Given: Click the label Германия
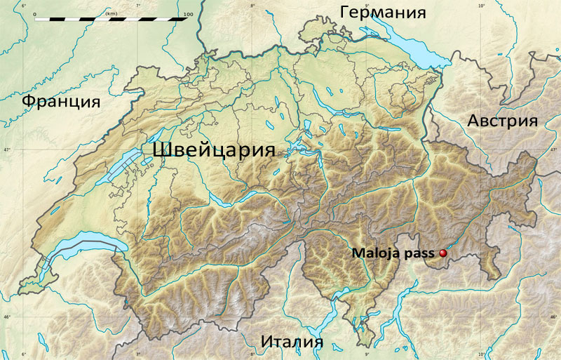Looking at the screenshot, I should (x=383, y=13).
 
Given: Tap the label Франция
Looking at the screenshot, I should (x=61, y=102).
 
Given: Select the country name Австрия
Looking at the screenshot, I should (x=502, y=121).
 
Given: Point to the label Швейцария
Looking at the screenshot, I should (x=213, y=151).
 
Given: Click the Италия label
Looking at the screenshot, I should (x=292, y=342).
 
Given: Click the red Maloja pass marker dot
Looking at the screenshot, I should (x=442, y=253).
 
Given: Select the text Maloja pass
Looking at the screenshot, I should (x=393, y=253).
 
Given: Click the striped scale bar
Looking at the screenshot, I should (x=111, y=20).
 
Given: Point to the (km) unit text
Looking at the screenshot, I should (x=111, y=13).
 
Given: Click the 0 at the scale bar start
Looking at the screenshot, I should (x=34, y=13).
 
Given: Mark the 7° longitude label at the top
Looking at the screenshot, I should (x=137, y=6).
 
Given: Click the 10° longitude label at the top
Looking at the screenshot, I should (x=481, y=6).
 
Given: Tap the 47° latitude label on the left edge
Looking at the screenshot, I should (x=6, y=150).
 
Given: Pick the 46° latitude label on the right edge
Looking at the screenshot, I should (x=555, y=318).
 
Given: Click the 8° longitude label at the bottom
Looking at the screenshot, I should (x=252, y=354).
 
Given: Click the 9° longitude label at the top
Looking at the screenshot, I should (x=367, y=6).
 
